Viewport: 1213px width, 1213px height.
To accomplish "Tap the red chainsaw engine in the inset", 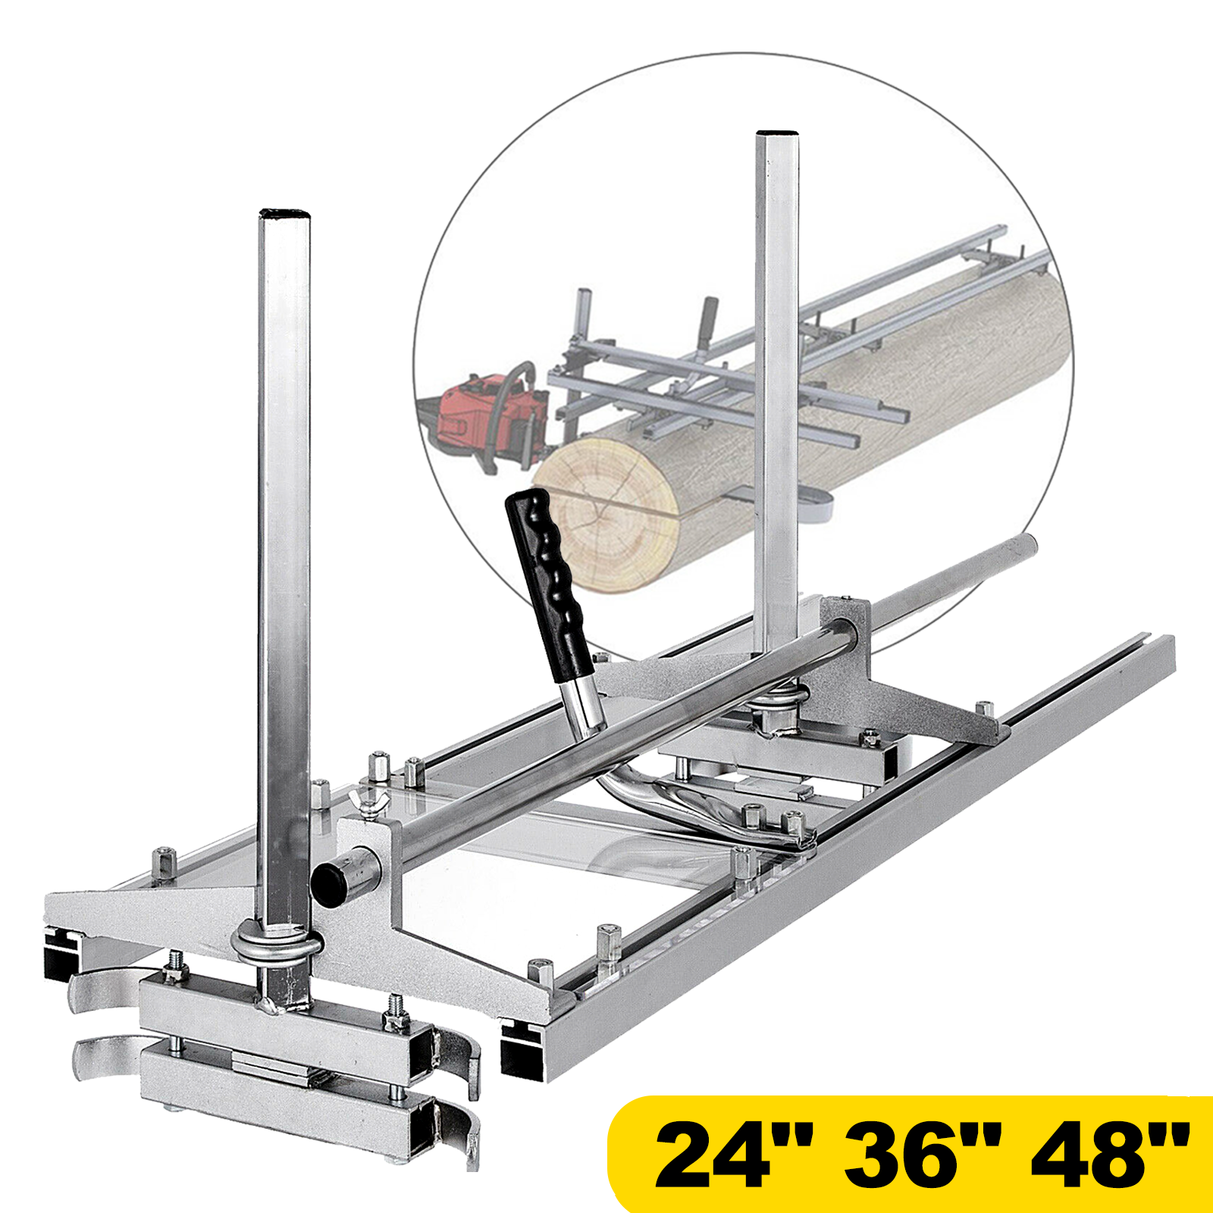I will pos(485,416).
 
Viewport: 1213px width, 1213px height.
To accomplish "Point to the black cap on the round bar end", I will pos(326,884).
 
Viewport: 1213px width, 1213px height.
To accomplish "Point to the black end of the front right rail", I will pos(524,1051).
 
